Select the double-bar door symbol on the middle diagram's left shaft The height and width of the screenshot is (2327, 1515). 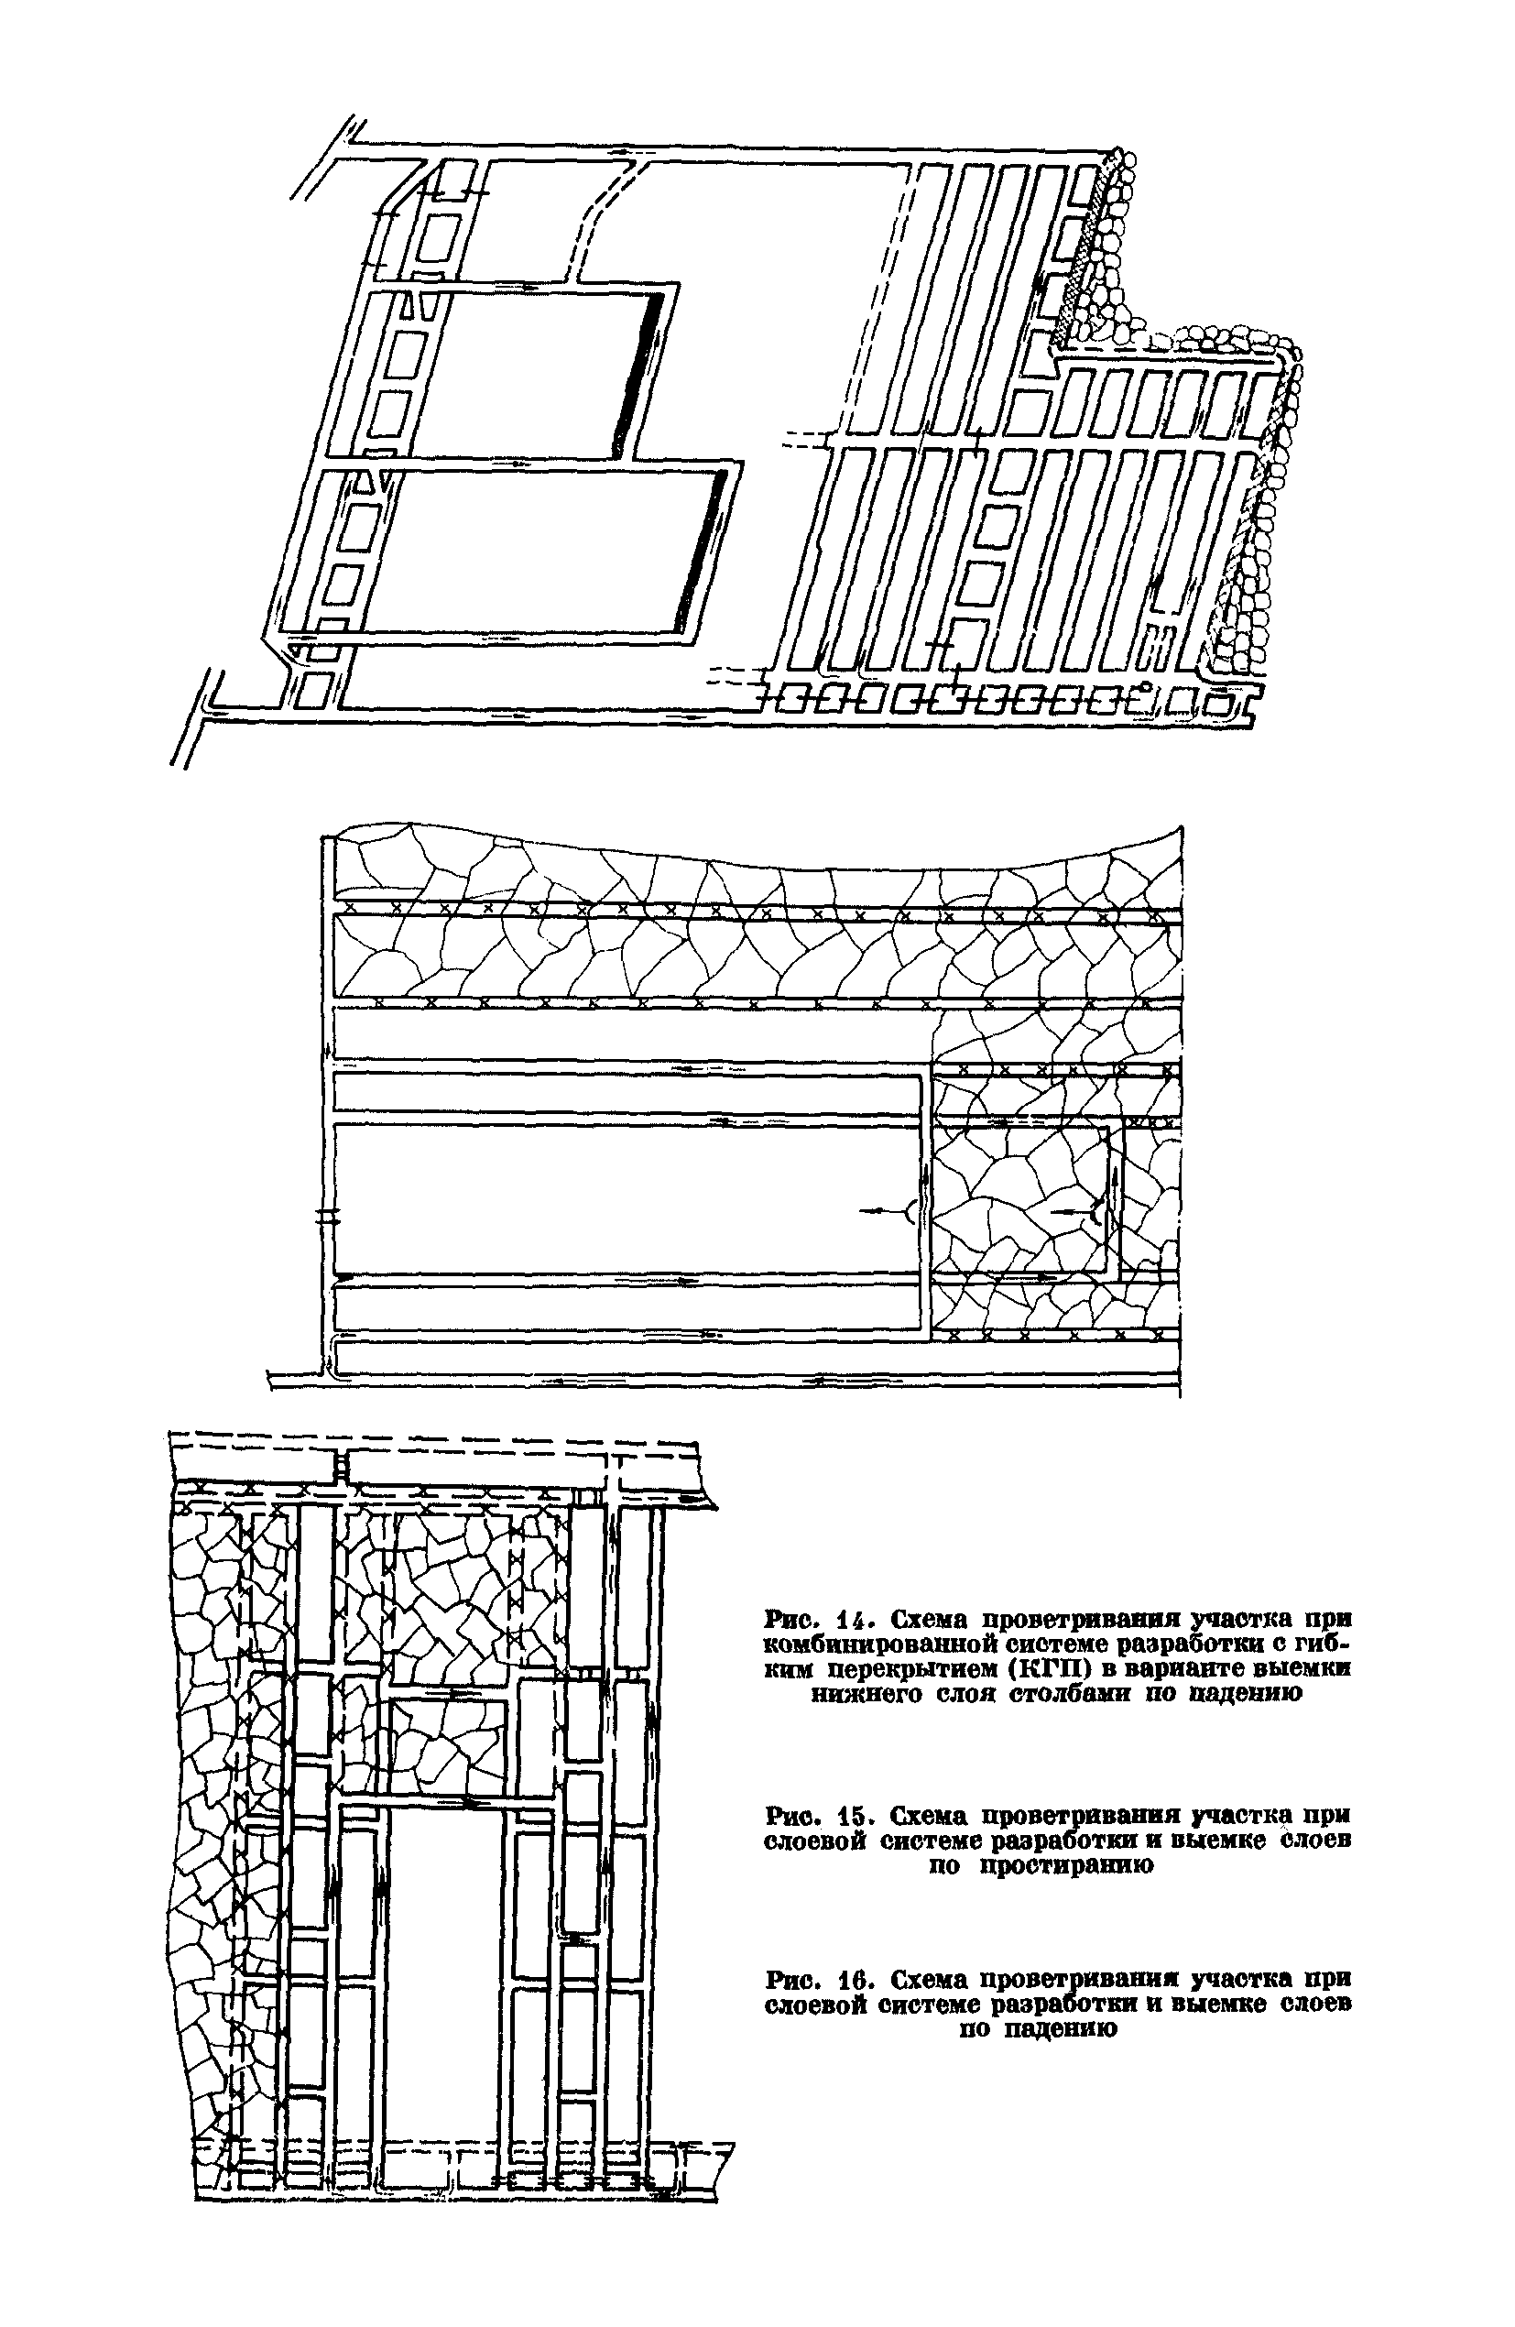[x=327, y=1218]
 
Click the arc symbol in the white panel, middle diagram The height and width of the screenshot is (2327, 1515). [x=909, y=1212]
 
